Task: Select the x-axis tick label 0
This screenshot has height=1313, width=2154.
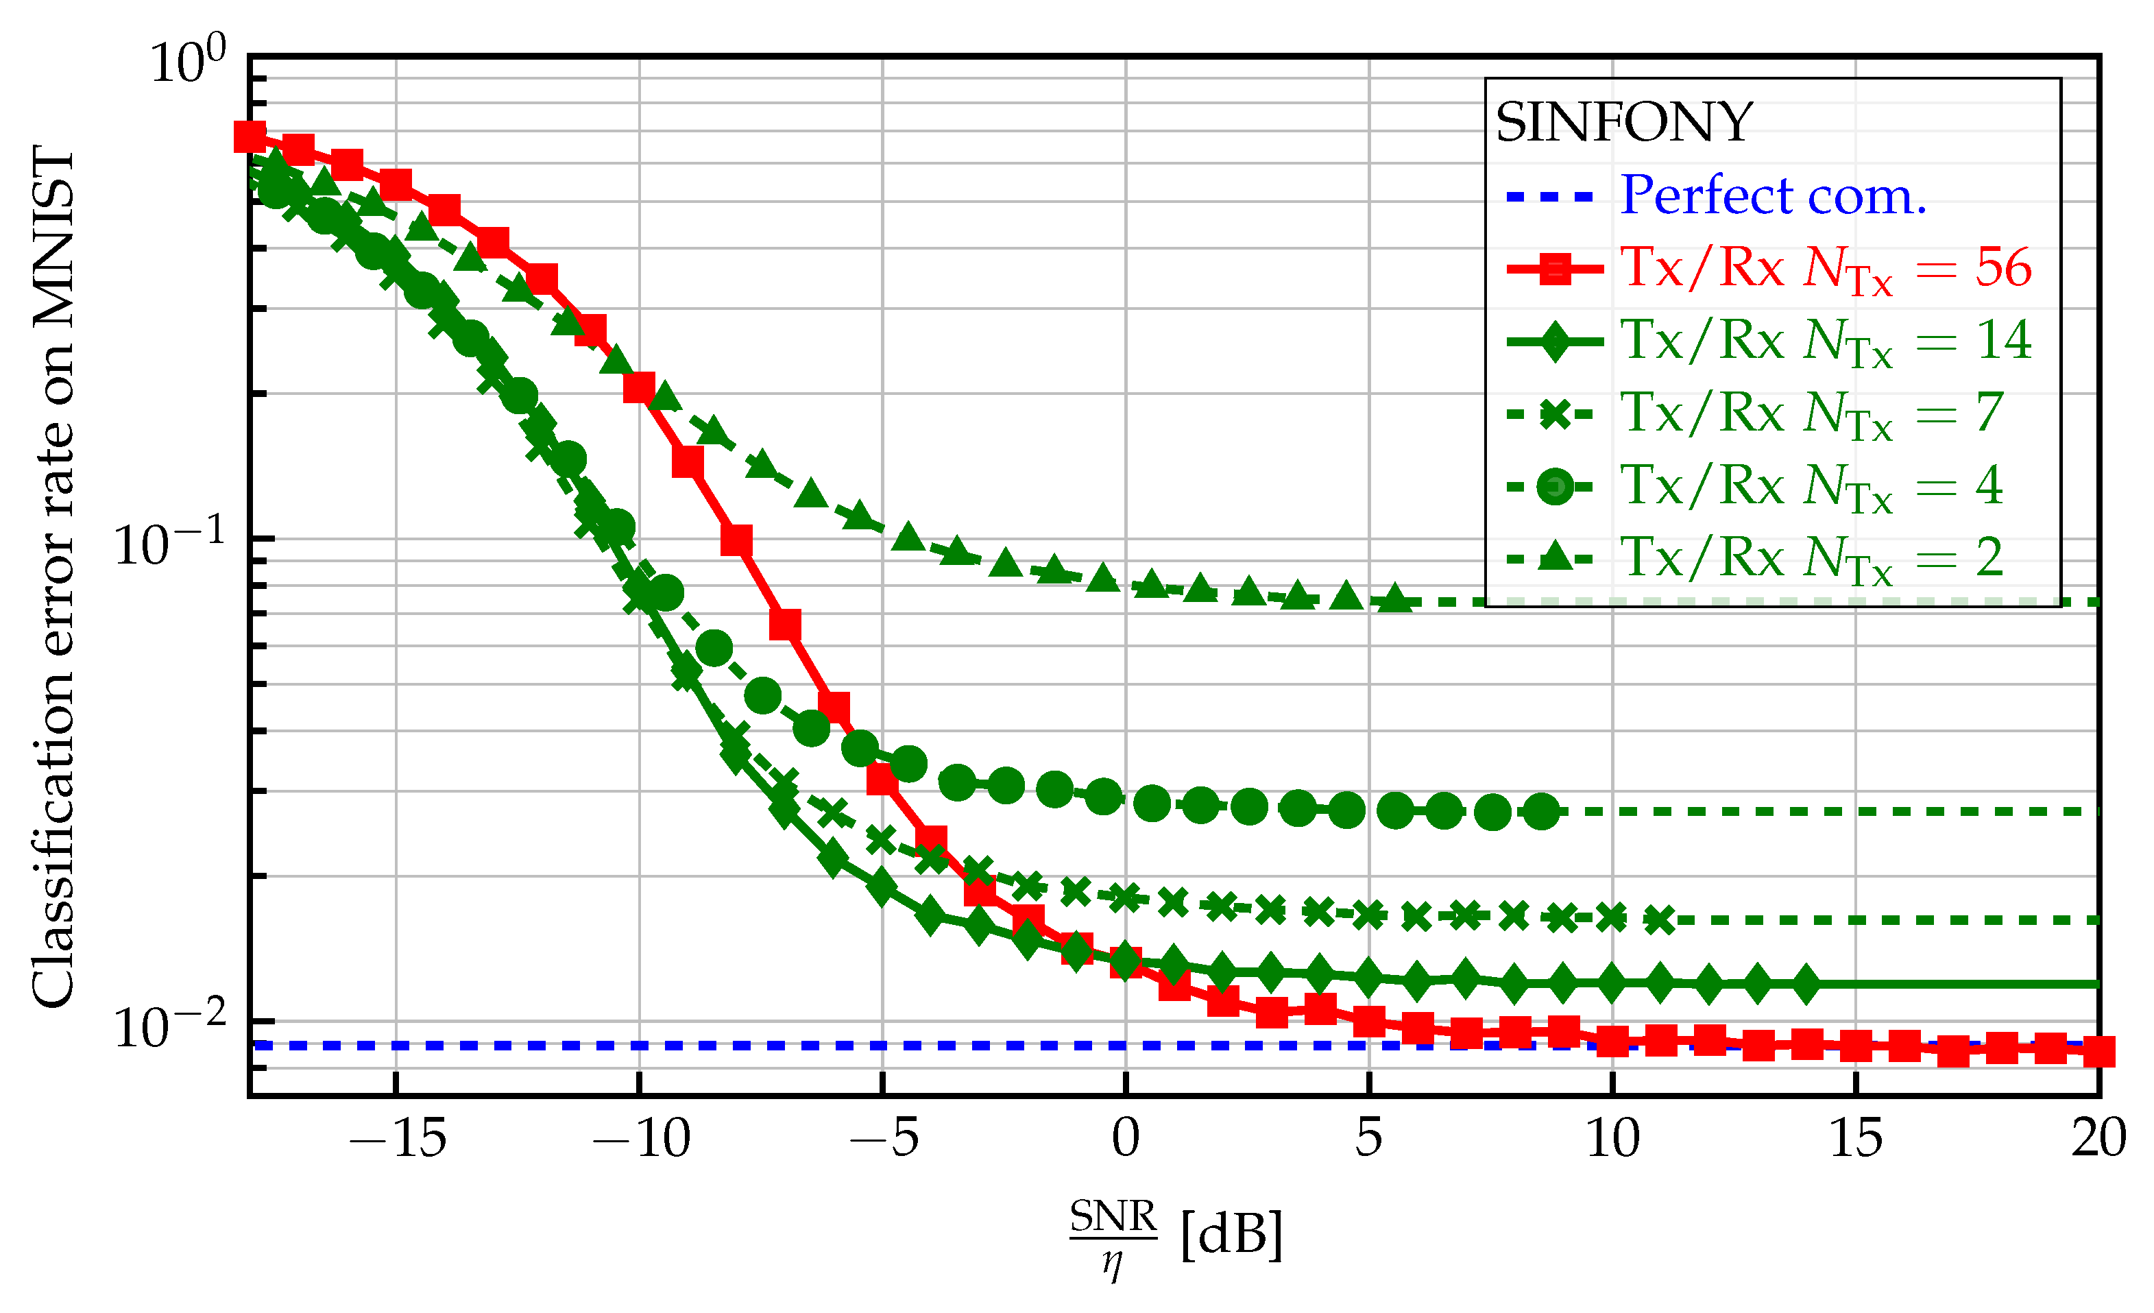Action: (x=1125, y=1139)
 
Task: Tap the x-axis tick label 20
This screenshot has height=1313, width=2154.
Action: (x=2097, y=1139)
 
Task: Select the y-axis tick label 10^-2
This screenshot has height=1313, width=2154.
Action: (x=169, y=1026)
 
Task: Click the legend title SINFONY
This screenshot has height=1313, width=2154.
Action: (x=1623, y=122)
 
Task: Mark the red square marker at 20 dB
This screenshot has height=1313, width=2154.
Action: (x=2098, y=1052)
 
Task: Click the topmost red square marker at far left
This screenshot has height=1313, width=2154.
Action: (x=250, y=137)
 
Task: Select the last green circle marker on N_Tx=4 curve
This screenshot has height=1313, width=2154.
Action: (x=1542, y=812)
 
